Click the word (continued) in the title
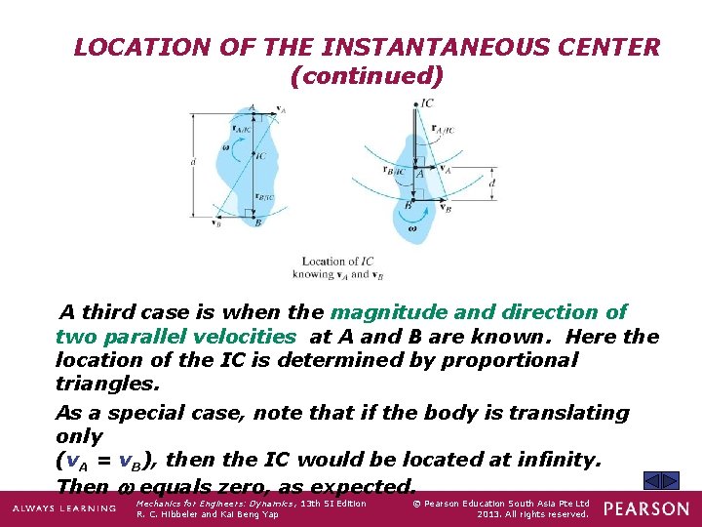[x=367, y=74]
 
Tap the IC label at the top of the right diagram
[x=427, y=103]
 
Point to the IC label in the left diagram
[x=260, y=156]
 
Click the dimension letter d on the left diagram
[x=195, y=163]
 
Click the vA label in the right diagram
[x=446, y=168]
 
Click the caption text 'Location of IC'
[x=337, y=262]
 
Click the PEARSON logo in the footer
[x=644, y=508]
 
